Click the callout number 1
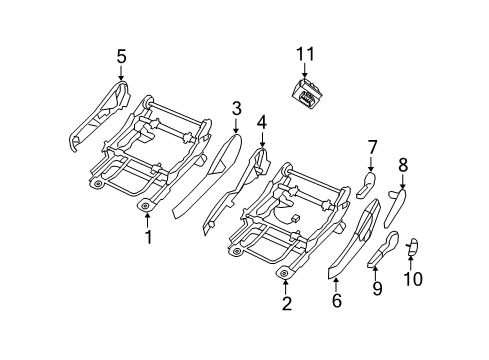click(x=148, y=237)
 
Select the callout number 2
click(x=286, y=303)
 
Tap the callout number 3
click(x=236, y=108)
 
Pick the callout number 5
click(x=121, y=57)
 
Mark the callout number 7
click(x=371, y=148)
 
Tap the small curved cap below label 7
click(x=367, y=185)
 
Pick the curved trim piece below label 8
click(x=396, y=209)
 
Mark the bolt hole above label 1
click(x=146, y=206)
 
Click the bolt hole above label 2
click(x=284, y=272)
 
